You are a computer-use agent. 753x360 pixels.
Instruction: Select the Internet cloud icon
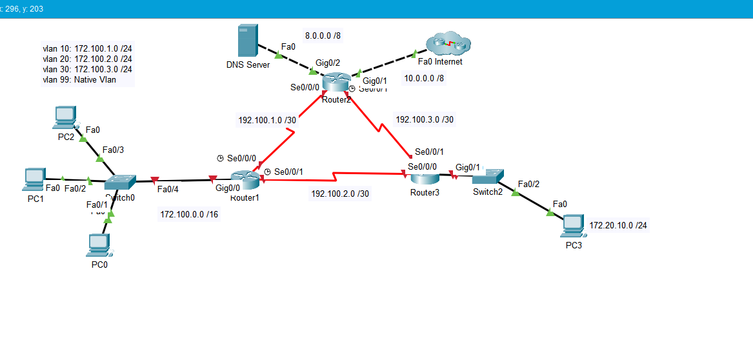tap(448, 45)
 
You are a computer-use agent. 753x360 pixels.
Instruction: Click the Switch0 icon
tap(121, 183)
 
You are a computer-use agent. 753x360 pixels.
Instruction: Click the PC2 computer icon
tap(65, 117)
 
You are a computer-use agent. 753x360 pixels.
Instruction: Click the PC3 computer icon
tap(572, 225)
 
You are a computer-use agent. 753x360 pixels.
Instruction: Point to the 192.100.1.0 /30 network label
tap(267, 120)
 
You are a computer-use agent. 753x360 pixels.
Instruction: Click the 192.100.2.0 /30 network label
tap(340, 194)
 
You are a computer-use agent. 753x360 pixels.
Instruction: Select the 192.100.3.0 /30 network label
tap(424, 119)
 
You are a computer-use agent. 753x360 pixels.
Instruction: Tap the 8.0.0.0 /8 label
tap(323, 35)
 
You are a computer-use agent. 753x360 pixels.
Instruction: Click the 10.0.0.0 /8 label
tap(424, 79)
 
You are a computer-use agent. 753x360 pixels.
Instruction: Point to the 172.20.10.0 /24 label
tap(618, 226)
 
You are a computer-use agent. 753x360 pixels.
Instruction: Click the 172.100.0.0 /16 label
tap(189, 215)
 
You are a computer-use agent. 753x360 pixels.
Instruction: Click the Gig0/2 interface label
tap(328, 63)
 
